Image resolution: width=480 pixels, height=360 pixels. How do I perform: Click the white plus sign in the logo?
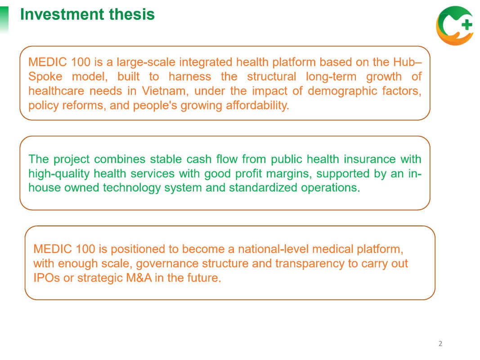(467, 25)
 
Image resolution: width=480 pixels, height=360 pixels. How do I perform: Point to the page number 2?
(440, 343)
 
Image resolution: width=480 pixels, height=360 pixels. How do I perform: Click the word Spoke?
(45, 77)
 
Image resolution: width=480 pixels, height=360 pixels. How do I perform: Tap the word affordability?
(257, 105)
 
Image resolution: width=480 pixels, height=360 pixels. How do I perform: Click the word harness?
(190, 76)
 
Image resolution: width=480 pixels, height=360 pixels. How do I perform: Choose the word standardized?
(263, 188)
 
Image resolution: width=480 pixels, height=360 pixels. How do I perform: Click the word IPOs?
(46, 278)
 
